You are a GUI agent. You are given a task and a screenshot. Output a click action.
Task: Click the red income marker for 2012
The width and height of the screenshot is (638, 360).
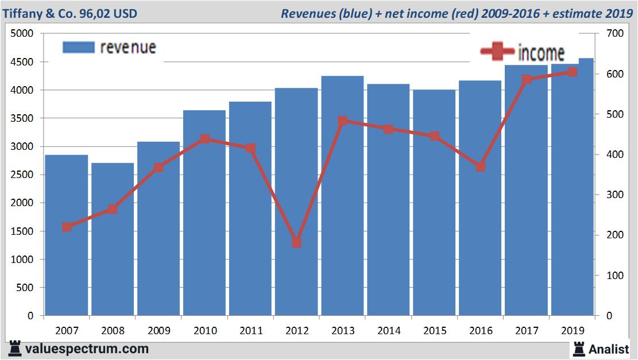tap(296, 242)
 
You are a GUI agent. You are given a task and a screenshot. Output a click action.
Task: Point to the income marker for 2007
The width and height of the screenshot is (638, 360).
tap(67, 227)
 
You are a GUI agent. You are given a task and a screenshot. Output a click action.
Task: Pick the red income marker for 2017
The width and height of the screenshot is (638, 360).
tap(527, 80)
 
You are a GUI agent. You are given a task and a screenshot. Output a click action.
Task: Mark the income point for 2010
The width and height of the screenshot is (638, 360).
tap(205, 139)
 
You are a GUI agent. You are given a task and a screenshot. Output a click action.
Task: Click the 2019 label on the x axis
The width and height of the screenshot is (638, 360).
tap(573, 331)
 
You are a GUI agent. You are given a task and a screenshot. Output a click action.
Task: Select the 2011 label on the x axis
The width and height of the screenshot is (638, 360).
tap(251, 331)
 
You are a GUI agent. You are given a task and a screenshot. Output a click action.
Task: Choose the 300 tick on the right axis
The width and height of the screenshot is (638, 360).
tap(613, 195)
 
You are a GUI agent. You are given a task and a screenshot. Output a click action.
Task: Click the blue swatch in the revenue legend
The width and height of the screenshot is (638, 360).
tap(78, 47)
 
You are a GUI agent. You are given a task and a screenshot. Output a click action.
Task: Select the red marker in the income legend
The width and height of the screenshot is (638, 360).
tap(497, 52)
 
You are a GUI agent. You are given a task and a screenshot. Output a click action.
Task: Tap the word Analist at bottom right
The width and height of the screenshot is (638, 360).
tap(609, 349)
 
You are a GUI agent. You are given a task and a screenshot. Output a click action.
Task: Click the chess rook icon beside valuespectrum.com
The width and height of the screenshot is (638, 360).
tap(16, 349)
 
